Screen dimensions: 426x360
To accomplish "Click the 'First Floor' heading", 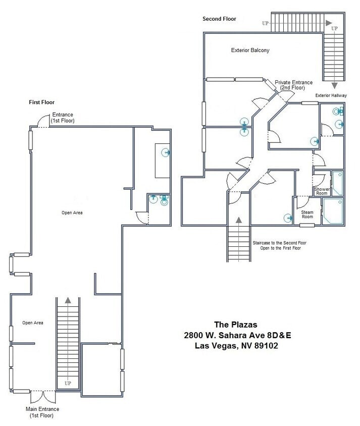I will [41, 102].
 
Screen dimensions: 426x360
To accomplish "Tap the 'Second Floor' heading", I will [219, 19].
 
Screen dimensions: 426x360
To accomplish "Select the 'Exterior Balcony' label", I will [250, 50].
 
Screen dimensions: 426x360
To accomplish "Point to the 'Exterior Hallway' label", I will [331, 95].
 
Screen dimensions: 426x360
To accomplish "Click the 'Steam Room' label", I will [307, 215].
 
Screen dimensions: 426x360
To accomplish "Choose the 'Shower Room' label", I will [322, 191].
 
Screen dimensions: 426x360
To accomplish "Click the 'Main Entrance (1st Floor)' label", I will [42, 412].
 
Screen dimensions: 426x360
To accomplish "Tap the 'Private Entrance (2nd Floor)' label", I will [293, 85].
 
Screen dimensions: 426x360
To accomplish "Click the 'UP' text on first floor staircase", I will [68, 384].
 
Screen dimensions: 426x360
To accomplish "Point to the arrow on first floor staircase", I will [68, 301].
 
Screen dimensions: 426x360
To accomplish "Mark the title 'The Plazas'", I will [236, 325].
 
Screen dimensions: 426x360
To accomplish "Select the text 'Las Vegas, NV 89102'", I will [236, 346].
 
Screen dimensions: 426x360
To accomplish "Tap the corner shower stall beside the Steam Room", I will [333, 210].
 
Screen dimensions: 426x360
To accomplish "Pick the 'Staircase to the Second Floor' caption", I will [279, 243].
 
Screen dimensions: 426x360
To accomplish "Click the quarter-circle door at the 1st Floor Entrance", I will [43, 121].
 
